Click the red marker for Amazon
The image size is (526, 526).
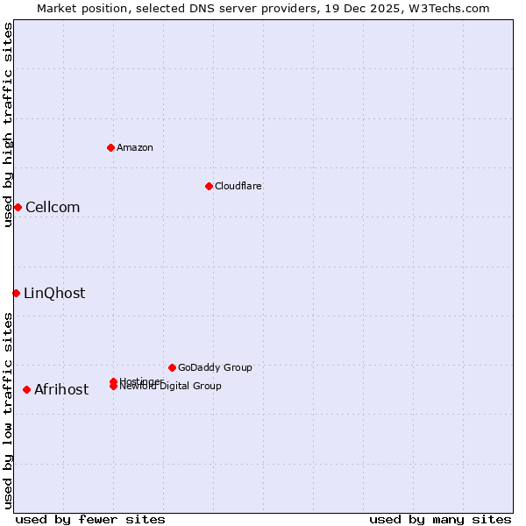tap(110, 147)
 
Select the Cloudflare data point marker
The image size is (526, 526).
tap(209, 186)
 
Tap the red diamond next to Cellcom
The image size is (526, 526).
tap(18, 207)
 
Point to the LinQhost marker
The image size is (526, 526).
tap(16, 293)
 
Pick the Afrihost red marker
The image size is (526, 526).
tap(26, 389)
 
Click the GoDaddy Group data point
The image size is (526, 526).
tap(172, 367)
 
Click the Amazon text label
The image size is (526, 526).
tap(135, 147)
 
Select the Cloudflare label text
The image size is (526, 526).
tap(238, 186)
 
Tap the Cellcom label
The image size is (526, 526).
tap(53, 207)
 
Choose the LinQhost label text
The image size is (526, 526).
tap(54, 293)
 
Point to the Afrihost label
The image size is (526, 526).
tap(61, 389)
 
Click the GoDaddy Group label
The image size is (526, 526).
tap(215, 367)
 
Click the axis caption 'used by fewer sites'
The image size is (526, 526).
tap(90, 519)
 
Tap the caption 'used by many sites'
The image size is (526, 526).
tap(440, 519)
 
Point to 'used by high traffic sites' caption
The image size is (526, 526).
tap(8, 124)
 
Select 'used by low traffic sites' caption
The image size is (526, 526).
tap(8, 410)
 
